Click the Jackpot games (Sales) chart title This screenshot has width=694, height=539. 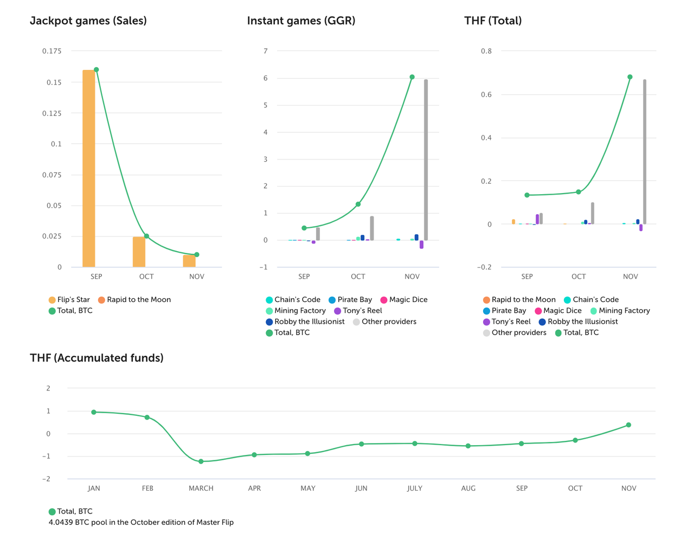(88, 21)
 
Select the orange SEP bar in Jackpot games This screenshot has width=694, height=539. (88, 168)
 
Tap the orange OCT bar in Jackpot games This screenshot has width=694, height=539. (139, 252)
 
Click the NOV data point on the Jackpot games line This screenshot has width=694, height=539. (197, 255)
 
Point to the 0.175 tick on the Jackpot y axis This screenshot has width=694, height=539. (52, 51)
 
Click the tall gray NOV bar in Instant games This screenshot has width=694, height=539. (426, 160)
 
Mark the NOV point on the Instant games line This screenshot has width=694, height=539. (412, 77)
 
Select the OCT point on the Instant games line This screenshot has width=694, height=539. (358, 204)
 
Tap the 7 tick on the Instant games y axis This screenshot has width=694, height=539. (266, 51)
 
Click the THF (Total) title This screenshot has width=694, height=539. (493, 21)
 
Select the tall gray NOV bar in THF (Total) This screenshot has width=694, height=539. (645, 152)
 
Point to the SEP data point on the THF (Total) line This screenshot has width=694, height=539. (527, 195)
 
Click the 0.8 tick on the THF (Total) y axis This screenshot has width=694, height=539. (486, 51)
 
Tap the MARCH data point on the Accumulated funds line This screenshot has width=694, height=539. (201, 461)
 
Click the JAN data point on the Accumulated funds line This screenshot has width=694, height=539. (94, 412)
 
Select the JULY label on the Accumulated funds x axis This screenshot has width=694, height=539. (415, 488)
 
